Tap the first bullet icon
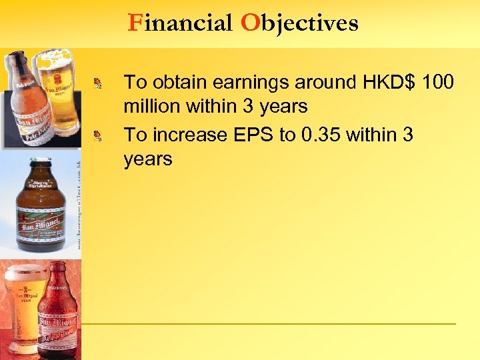pos(98,83)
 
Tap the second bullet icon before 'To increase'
pos(98,136)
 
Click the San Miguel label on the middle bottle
pos(41,218)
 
